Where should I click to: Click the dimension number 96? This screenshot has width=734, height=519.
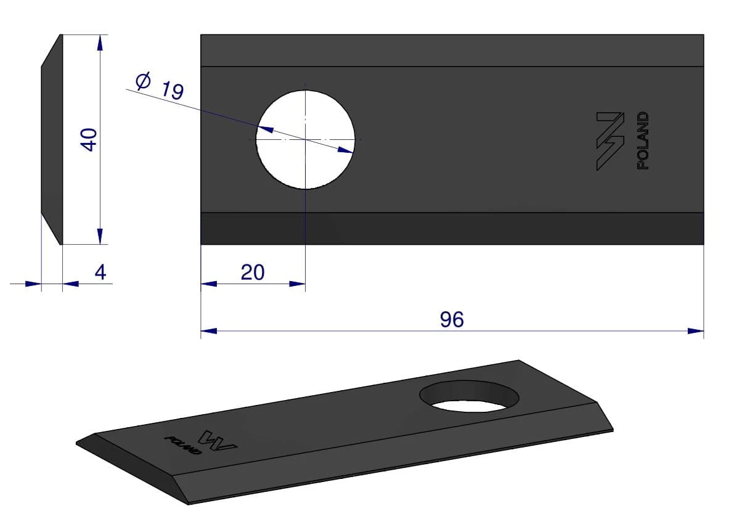point(452,319)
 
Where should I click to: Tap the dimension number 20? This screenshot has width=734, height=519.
point(253,272)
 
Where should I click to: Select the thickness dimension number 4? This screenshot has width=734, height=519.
point(100,272)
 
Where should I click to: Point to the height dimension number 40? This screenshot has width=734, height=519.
point(89,139)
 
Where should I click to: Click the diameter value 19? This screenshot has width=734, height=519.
point(173,91)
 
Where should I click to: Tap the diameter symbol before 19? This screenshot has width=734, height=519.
point(143,81)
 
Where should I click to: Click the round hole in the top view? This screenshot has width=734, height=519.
point(305,139)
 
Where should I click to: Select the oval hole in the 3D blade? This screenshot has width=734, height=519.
point(469,396)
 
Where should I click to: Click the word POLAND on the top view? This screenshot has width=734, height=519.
point(643,141)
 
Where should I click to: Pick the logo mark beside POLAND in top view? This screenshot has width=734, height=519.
point(610,141)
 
